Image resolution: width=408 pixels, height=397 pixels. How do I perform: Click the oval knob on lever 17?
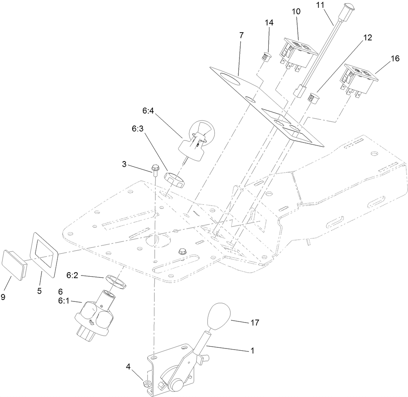(219, 317)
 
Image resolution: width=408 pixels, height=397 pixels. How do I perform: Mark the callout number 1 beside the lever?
(252, 350)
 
